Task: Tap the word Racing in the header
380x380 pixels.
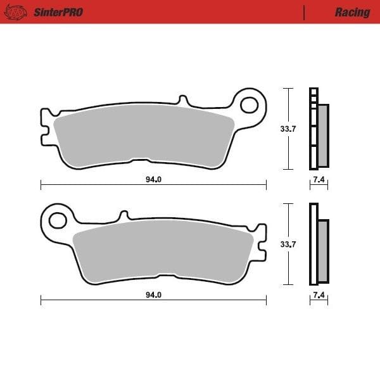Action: (x=352, y=12)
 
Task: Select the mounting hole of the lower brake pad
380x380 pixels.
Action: (x=57, y=220)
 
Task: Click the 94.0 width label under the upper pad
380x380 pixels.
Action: (x=153, y=179)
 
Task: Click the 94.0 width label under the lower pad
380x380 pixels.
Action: (x=153, y=294)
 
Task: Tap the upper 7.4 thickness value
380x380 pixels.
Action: (x=319, y=180)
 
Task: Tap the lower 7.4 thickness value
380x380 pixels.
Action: (x=319, y=295)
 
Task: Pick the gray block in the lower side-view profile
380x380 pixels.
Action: (x=323, y=250)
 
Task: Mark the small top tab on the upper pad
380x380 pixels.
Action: (x=183, y=101)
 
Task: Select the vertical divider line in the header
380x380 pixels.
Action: (x=304, y=12)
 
